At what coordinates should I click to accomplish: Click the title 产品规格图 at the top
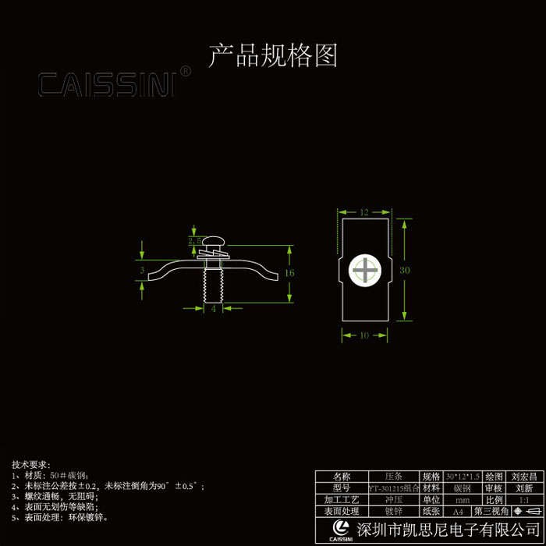click(x=272, y=56)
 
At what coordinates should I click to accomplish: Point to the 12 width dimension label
click(x=364, y=211)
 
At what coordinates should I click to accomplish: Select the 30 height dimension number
click(x=404, y=270)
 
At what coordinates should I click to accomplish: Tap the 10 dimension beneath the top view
click(x=363, y=335)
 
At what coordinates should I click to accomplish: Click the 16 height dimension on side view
click(x=289, y=274)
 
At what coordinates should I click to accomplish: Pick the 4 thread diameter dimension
click(x=214, y=308)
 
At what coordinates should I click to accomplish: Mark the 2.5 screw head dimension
click(x=194, y=241)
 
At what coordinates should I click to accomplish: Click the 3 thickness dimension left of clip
click(x=142, y=271)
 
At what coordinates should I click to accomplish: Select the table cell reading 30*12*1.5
click(x=463, y=476)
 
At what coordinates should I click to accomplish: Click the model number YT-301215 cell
click(x=393, y=487)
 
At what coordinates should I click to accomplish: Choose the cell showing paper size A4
click(x=463, y=512)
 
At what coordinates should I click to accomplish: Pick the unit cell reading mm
click(x=463, y=499)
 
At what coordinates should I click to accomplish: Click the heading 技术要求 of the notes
click(x=30, y=464)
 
